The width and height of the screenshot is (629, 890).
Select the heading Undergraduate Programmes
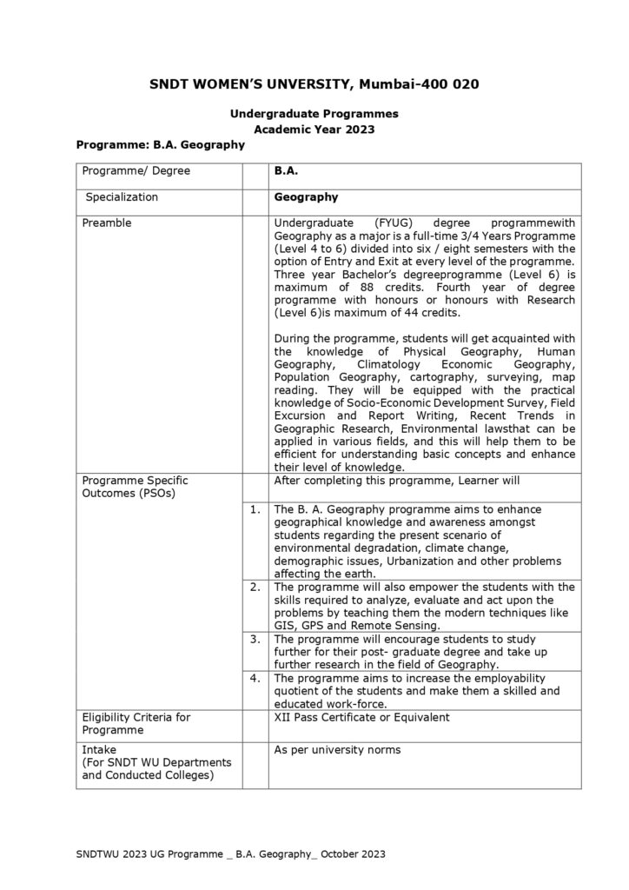(x=314, y=113)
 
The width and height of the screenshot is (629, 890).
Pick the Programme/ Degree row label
(x=136, y=171)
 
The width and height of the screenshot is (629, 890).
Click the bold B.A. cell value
(x=286, y=171)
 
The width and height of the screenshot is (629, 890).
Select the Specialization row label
(x=122, y=197)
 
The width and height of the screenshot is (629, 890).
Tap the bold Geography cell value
(x=306, y=197)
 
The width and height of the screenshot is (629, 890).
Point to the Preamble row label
(x=107, y=223)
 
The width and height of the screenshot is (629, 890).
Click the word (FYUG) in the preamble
(x=384, y=223)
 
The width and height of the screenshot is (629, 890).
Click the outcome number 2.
(x=255, y=588)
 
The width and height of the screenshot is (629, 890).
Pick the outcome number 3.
(x=255, y=639)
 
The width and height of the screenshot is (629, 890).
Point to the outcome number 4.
(x=255, y=677)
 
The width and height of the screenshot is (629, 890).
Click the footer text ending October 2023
(x=231, y=855)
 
